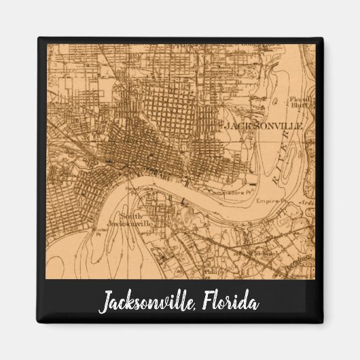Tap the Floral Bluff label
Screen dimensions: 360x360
pyautogui.click(x=300, y=101)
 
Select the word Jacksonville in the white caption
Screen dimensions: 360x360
pyautogui.click(x=146, y=302)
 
